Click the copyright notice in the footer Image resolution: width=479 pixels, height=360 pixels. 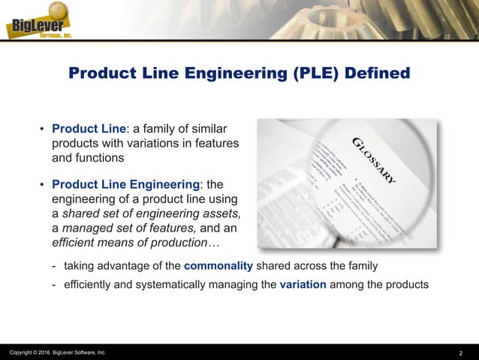[58, 352]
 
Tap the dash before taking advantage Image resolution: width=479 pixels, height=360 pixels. [54, 266]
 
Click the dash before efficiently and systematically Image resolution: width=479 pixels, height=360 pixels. [54, 285]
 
